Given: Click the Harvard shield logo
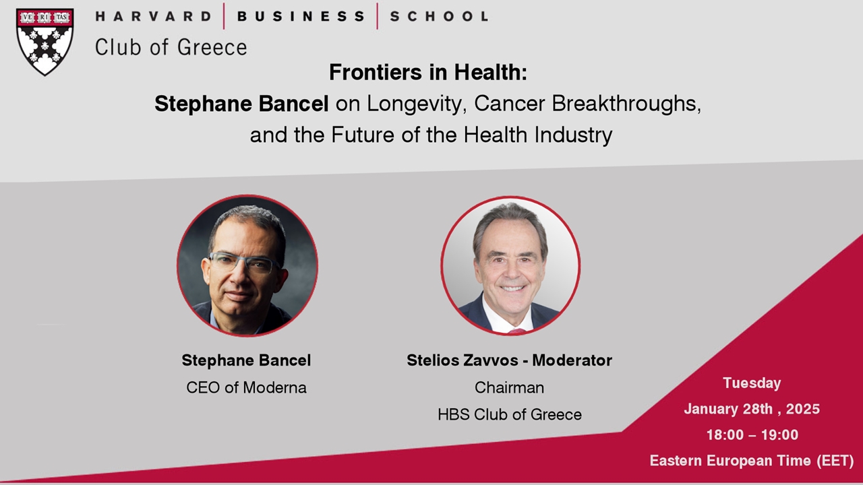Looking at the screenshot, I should click(x=44, y=41).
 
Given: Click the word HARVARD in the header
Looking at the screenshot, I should click(x=153, y=16).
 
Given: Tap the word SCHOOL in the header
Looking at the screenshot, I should click(x=439, y=16).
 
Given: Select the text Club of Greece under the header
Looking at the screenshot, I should click(x=171, y=47).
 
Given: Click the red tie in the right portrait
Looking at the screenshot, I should click(x=516, y=331).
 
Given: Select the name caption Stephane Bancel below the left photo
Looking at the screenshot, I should click(x=246, y=360).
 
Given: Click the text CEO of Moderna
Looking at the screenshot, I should click(x=246, y=387).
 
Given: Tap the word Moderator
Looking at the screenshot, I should click(x=572, y=360).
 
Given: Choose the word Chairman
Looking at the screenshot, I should click(x=509, y=387).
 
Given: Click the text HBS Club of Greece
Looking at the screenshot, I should click(x=509, y=414).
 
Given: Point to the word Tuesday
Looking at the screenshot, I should click(x=752, y=383).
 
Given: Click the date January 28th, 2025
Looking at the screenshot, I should click(x=752, y=409).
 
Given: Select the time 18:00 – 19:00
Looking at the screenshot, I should click(x=752, y=435).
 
